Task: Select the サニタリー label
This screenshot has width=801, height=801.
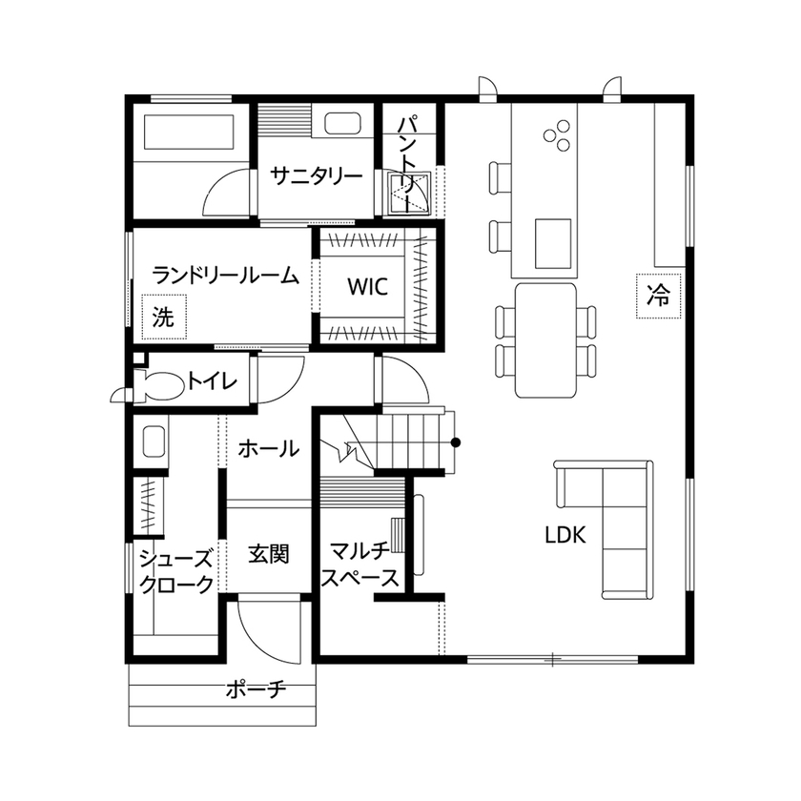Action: click(316, 176)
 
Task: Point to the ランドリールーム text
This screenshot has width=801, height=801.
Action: click(226, 277)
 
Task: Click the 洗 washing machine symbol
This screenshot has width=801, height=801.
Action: click(163, 318)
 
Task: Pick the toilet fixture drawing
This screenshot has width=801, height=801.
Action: click(153, 386)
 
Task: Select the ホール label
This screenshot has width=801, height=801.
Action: click(267, 448)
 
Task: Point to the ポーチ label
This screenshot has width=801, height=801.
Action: click(256, 689)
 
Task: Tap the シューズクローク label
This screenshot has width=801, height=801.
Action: click(175, 571)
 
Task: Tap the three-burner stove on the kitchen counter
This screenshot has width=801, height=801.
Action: click(558, 136)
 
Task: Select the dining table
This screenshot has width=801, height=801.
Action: click(545, 340)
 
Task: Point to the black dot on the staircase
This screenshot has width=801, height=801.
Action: click(456, 442)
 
